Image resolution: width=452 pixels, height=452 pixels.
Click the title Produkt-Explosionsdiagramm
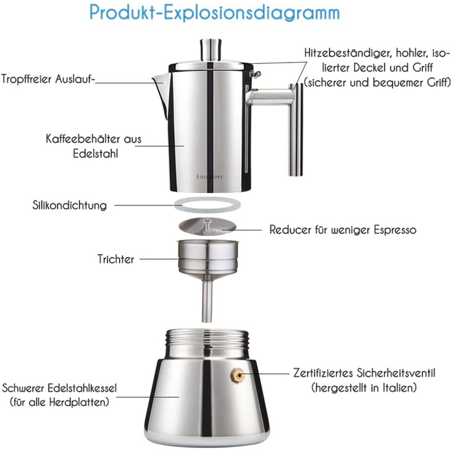tap(214, 13)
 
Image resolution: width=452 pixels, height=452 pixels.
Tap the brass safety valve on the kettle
tap(237, 376)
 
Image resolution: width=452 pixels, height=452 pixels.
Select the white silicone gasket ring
tap(207, 205)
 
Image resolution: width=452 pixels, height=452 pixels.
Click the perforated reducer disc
tap(207, 225)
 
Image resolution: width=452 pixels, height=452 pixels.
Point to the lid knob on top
tap(211, 50)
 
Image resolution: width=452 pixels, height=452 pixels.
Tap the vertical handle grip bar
tap(296, 129)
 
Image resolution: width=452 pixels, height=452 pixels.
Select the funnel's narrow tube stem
tap(207, 300)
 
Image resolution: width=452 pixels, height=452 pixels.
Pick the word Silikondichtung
tap(70, 205)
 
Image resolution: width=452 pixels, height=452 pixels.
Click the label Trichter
tap(116, 259)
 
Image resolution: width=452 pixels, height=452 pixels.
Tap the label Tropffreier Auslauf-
tap(48, 79)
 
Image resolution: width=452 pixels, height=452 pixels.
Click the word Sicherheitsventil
tap(396, 373)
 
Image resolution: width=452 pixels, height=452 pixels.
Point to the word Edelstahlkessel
tap(82, 388)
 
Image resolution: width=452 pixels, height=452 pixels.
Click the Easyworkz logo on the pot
tap(209, 177)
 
